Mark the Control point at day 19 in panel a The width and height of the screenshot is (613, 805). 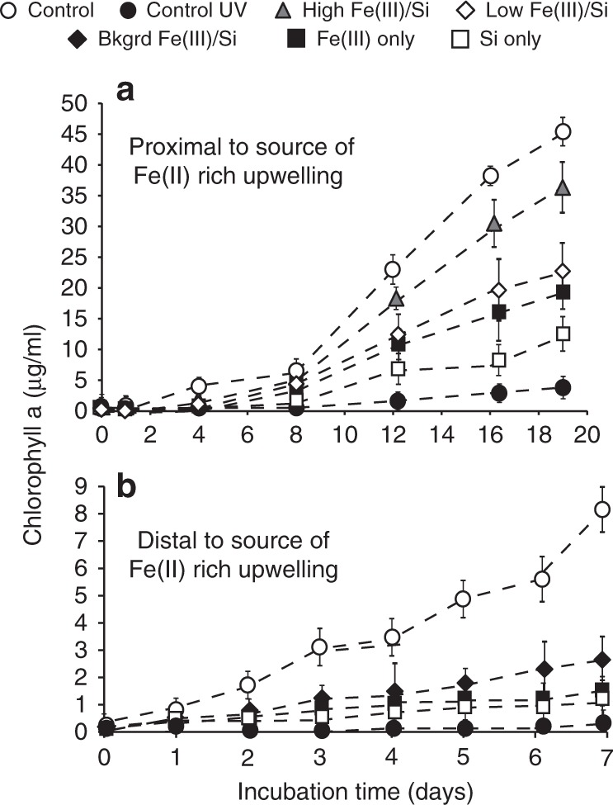pyautogui.click(x=563, y=132)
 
